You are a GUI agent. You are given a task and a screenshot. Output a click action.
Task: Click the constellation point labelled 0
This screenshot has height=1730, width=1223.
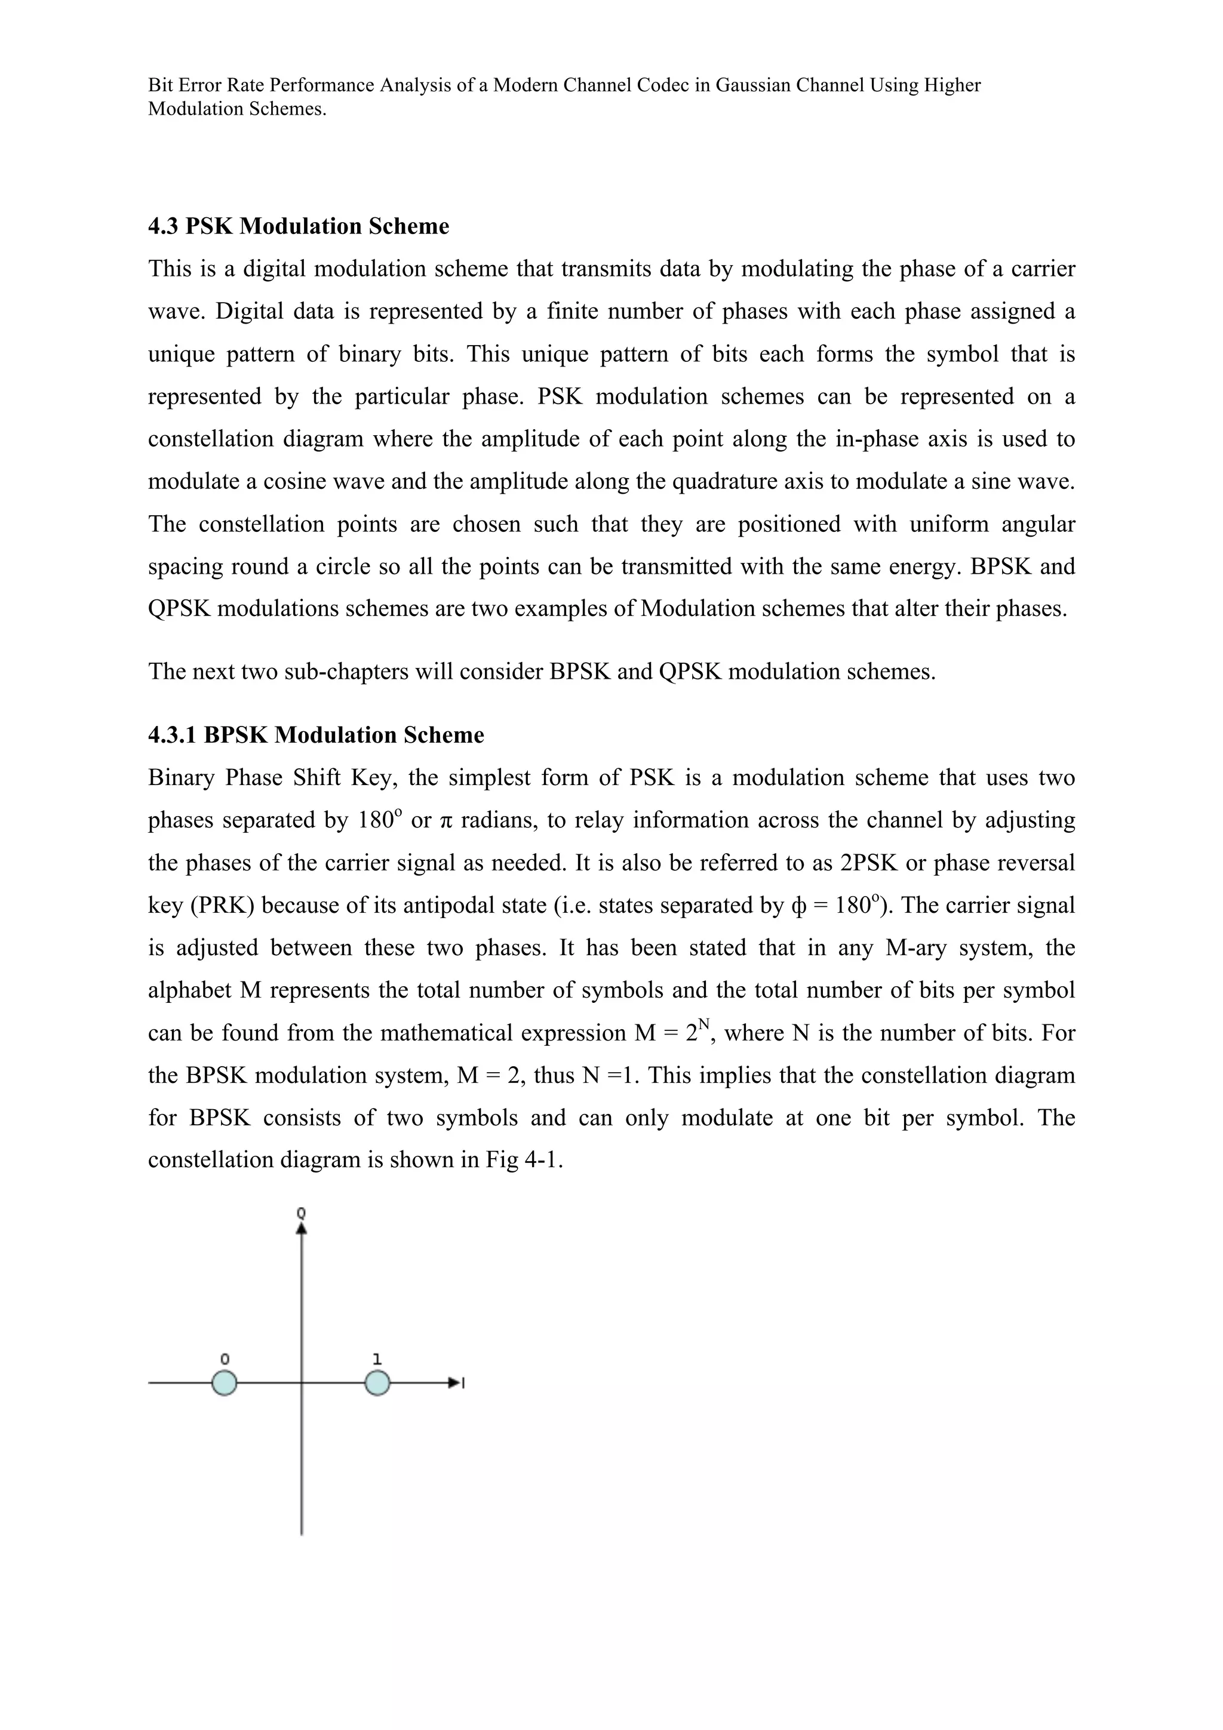[224, 1383]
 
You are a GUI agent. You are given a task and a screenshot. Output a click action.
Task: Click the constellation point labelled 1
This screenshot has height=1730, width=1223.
[377, 1383]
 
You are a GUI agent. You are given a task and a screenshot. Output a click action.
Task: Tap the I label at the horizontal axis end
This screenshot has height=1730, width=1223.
[463, 1383]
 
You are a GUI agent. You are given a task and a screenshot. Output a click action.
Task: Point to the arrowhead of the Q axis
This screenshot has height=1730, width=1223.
[302, 1228]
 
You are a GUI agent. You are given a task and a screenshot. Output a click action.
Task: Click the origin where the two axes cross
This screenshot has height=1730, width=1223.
[302, 1383]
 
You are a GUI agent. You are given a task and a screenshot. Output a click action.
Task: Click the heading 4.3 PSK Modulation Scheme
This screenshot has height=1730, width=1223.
[299, 226]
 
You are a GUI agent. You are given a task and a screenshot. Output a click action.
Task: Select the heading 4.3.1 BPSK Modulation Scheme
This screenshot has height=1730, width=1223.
[316, 735]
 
